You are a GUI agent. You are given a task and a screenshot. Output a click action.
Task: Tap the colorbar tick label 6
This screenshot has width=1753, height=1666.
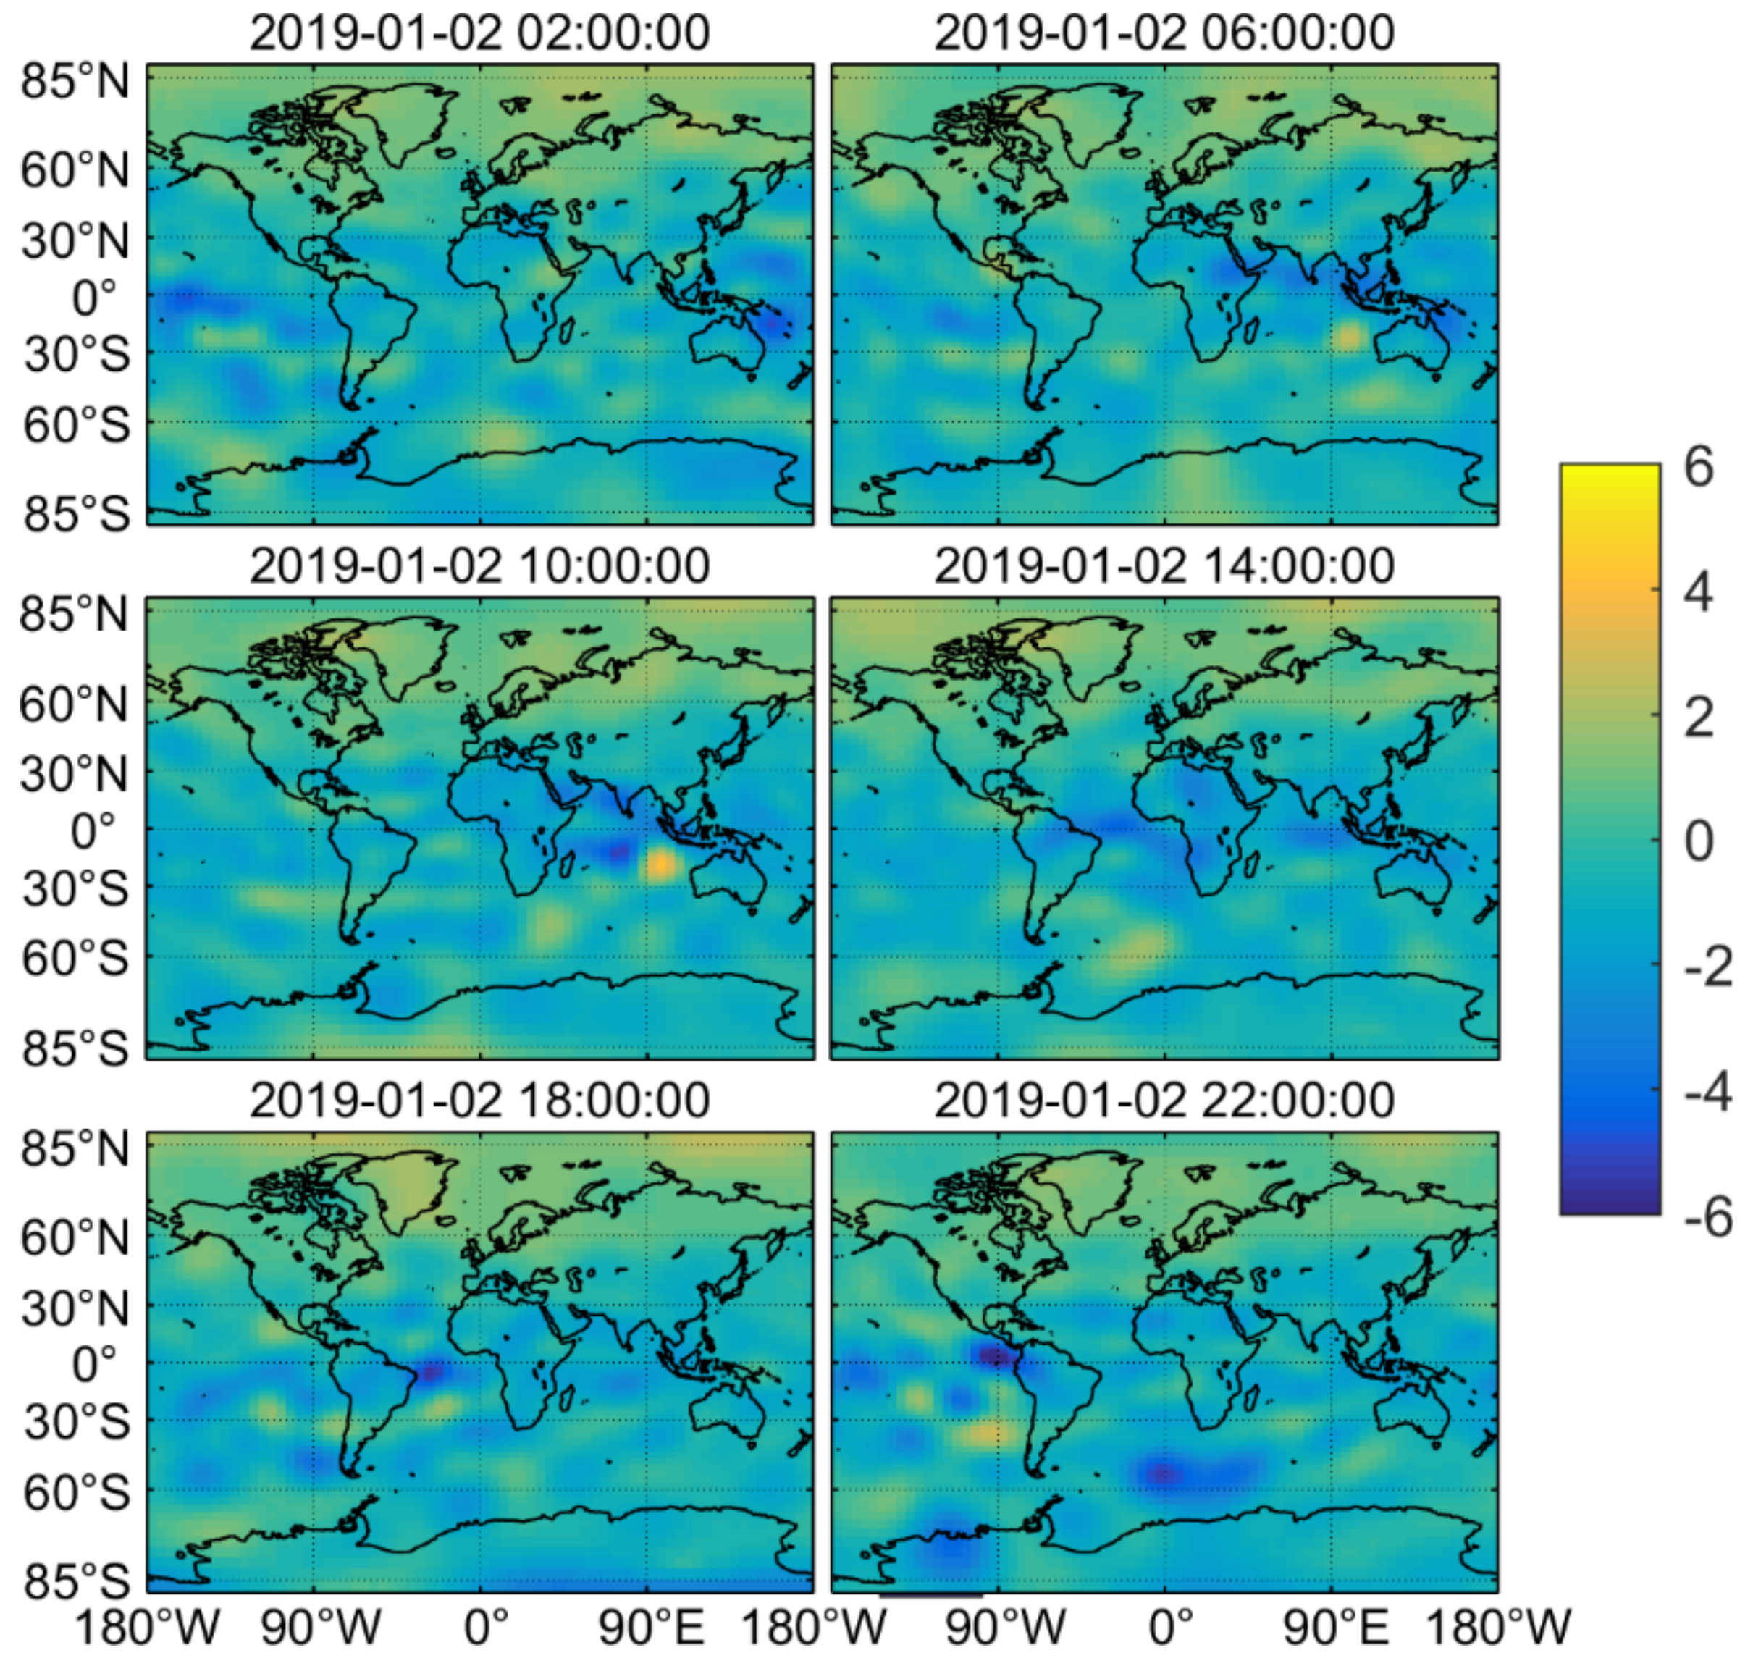1698,466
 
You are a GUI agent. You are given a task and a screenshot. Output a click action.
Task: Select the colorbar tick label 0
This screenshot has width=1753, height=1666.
1698,841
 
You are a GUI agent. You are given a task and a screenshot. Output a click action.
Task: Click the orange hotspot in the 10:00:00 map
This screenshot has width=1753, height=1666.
659,863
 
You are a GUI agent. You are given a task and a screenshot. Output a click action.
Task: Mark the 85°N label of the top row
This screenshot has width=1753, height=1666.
75,82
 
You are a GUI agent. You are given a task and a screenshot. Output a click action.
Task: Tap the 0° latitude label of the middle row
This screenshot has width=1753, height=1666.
94,832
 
